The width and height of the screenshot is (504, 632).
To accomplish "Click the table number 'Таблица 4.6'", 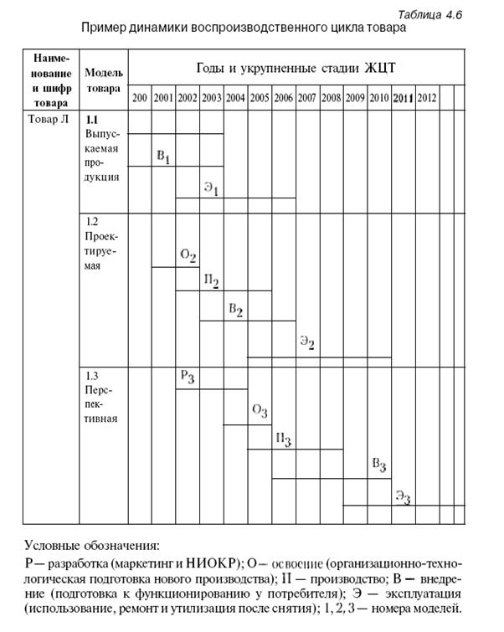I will pyautogui.click(x=430, y=14).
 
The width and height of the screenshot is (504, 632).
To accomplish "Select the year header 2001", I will pyautogui.click(x=163, y=98).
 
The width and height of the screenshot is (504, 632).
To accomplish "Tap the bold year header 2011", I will pyautogui.click(x=404, y=98).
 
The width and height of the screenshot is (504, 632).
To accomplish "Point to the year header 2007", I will pyautogui.click(x=307, y=98).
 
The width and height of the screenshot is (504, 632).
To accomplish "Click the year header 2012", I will pyautogui.click(x=427, y=98).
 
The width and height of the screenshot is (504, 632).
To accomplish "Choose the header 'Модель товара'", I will pyautogui.click(x=104, y=80).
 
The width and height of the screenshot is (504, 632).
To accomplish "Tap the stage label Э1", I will pyautogui.click(x=211, y=189).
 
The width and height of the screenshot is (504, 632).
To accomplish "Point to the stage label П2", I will pyautogui.click(x=211, y=281).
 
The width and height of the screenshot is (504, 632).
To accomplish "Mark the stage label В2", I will pyautogui.click(x=235, y=311).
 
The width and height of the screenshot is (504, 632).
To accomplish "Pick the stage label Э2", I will pyautogui.click(x=307, y=342).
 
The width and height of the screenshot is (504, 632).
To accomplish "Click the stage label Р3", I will pyautogui.click(x=188, y=378).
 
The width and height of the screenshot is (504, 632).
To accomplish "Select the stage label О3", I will pyautogui.click(x=260, y=410).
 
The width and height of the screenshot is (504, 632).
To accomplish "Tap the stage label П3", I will pyautogui.click(x=283, y=439).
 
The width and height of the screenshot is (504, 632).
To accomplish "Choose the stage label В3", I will pyautogui.click(x=379, y=465).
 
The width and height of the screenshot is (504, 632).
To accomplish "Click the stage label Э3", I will pyautogui.click(x=404, y=496).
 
